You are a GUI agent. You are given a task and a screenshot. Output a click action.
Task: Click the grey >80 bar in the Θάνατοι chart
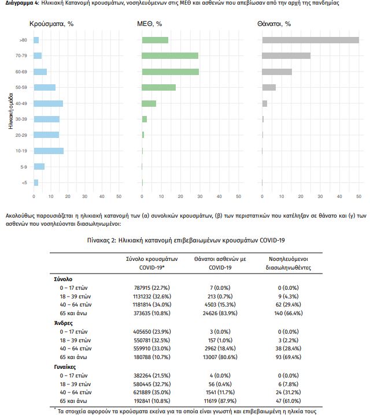coord(310,40)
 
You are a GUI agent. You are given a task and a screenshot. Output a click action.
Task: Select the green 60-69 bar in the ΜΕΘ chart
coord(171,72)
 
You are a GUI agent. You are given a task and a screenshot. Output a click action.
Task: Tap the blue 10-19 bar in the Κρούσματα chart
coord(49,151)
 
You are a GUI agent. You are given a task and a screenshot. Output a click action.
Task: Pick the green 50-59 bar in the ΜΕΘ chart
coord(159,87)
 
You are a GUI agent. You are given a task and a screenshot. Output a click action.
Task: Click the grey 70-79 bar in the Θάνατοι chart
coord(286,55)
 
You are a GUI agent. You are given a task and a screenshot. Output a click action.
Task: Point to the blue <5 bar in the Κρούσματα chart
coord(36,182)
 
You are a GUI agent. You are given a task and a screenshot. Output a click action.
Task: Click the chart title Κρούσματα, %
coord(51,24)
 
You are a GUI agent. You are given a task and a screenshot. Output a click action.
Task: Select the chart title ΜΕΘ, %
coord(150,24)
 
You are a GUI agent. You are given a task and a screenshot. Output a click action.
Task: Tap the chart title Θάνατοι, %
coord(274,24)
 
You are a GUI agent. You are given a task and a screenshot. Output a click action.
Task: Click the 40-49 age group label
coord(21,103)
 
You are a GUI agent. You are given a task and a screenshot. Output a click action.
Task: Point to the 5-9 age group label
coord(24,167)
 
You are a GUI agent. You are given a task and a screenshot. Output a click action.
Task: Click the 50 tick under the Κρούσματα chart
coord(119,196)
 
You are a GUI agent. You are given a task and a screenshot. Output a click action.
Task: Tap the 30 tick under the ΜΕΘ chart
coord(200,196)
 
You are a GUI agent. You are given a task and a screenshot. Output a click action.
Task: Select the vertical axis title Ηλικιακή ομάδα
coord(10,111)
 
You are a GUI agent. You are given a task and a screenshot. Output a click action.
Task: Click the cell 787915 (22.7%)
coord(152,287)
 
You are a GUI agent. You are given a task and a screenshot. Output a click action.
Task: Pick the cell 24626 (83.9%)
coord(220,313)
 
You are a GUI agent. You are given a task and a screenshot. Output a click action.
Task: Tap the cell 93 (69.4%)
coord(288,357)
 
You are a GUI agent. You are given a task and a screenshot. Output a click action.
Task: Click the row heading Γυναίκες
coord(65,367)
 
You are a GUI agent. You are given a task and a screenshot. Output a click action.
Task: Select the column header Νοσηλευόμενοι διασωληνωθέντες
coord(288,263)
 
